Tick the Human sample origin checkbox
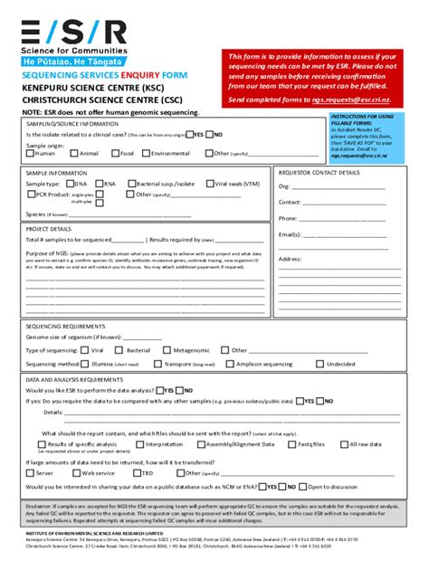tap(30, 154)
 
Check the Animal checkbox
tap(74, 154)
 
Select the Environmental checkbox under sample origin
tap(145, 154)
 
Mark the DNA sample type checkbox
tap(70, 183)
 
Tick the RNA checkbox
tap(99, 183)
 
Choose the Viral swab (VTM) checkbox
tap(210, 183)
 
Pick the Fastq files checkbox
tap(291, 444)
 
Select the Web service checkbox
tap(76, 472)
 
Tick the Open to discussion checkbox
tap(300, 486)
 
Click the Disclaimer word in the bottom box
tap(42, 506)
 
